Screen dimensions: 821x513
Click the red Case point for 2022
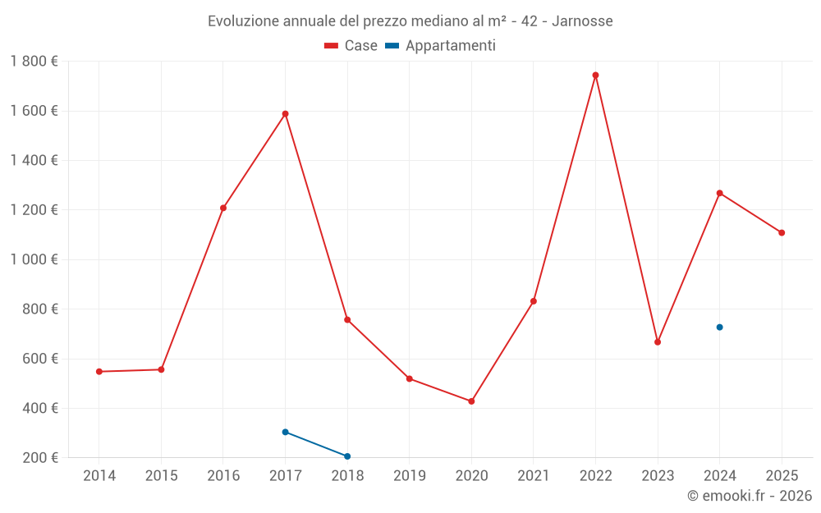pyautogui.click(x=595, y=76)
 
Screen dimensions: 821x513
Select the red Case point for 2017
pyautogui.click(x=286, y=114)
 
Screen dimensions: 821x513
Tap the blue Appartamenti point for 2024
pyautogui.click(x=719, y=327)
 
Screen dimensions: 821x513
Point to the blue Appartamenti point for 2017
pyautogui.click(x=286, y=433)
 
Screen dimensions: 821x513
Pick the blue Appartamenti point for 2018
pyautogui.click(x=347, y=456)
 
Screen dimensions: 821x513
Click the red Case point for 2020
pyautogui.click(x=471, y=401)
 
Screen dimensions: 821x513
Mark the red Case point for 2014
pyautogui.click(x=99, y=372)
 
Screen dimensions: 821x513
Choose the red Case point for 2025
pyautogui.click(x=782, y=233)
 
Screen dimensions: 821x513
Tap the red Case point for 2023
pyautogui.click(x=658, y=342)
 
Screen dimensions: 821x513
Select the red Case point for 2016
pyautogui.click(x=223, y=208)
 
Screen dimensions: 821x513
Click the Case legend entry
pyautogui.click(x=351, y=46)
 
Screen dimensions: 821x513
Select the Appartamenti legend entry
pyautogui.click(x=440, y=46)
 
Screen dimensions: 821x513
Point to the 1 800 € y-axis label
pyautogui.click(x=34, y=62)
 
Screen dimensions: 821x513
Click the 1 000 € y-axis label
pyautogui.click(x=34, y=259)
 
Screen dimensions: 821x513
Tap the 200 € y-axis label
pyautogui.click(x=39, y=457)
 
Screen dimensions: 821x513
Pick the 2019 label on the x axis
pyautogui.click(x=410, y=476)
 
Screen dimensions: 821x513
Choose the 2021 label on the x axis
pyautogui.click(x=534, y=476)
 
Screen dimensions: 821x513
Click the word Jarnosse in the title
pyautogui.click(x=582, y=21)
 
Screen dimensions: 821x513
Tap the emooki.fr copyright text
pyautogui.click(x=750, y=496)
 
